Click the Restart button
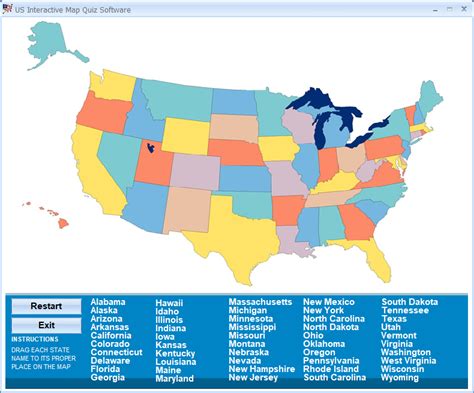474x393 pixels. pyautogui.click(x=46, y=306)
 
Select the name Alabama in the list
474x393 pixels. pyautogui.click(x=107, y=302)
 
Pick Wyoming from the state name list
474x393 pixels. pyautogui.click(x=400, y=378)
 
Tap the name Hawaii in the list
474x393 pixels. pyautogui.click(x=169, y=302)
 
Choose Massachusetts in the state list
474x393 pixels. pyautogui.click(x=260, y=302)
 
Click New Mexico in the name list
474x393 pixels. pyautogui.click(x=329, y=302)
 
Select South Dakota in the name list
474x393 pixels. pyautogui.click(x=409, y=302)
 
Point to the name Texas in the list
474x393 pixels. pyautogui.click(x=394, y=319)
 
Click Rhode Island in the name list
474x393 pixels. pyautogui.click(x=332, y=369)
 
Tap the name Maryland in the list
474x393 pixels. pyautogui.click(x=175, y=379)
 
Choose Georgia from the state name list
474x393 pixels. pyautogui.click(x=107, y=379)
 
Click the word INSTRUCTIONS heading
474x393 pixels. pyautogui.click(x=35, y=339)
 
